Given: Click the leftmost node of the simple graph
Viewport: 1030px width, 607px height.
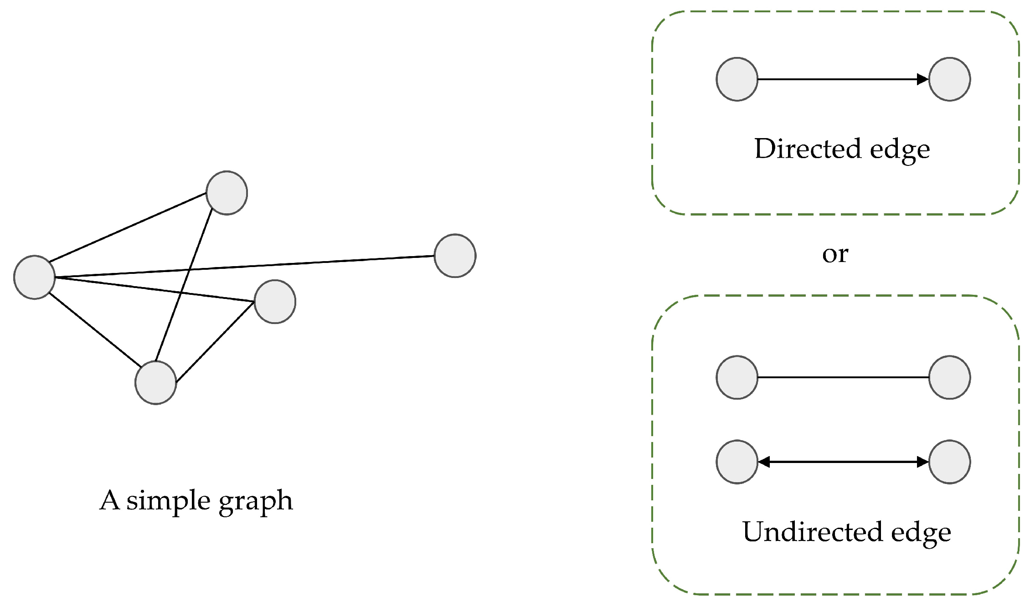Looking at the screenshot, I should pos(35,277).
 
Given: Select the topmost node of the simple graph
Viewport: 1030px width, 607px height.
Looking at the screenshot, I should pos(227,193).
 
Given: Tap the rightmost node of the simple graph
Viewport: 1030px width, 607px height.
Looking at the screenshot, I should pos(455,256).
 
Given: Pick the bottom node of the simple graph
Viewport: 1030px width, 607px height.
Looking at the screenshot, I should pos(156,382).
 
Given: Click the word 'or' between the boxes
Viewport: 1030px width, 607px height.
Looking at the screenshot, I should pos(835,254).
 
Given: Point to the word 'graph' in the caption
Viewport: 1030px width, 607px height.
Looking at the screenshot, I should pos(256,501).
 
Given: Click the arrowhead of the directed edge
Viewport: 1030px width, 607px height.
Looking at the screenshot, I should pos(922,79).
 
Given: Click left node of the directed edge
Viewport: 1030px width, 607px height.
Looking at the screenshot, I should pos(737,79).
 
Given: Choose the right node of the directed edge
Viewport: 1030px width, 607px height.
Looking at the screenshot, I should pos(949,79).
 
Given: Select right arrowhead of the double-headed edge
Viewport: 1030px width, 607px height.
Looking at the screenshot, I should pos(922,462).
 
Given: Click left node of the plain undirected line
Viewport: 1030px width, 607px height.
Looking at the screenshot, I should pos(737,377).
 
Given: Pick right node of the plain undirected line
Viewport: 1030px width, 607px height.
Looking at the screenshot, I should pos(949,377).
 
